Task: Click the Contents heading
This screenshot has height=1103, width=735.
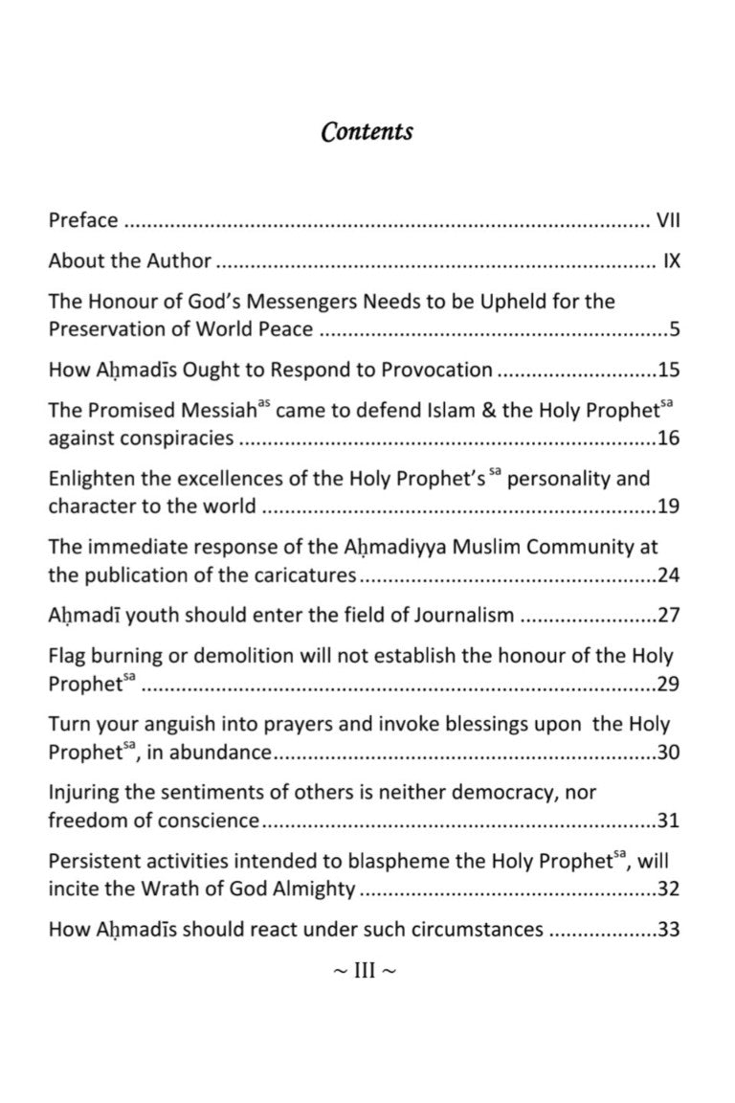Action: (367, 131)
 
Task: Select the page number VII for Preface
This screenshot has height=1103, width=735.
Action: (667, 220)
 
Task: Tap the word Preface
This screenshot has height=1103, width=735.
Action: (83, 220)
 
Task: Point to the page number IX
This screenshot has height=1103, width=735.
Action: (671, 260)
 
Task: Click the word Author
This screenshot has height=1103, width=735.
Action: (179, 260)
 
